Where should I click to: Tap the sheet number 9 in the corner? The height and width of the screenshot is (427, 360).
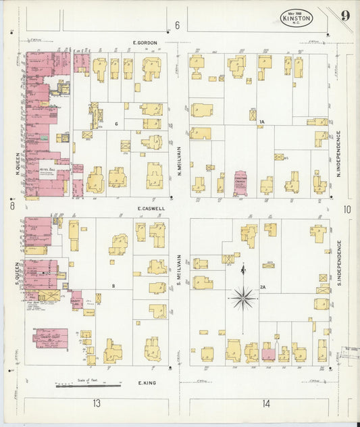(x=345, y=15)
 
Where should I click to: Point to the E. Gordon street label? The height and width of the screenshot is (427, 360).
(x=145, y=43)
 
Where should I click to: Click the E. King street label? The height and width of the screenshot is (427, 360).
(x=148, y=383)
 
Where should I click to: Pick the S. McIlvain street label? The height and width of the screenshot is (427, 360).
(x=180, y=270)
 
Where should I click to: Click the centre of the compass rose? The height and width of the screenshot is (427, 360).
(x=243, y=297)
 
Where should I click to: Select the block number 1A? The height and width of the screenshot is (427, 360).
(x=262, y=122)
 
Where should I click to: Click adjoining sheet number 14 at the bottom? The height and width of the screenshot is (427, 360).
(x=266, y=403)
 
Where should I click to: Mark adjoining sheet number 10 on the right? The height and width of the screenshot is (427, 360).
(x=346, y=209)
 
